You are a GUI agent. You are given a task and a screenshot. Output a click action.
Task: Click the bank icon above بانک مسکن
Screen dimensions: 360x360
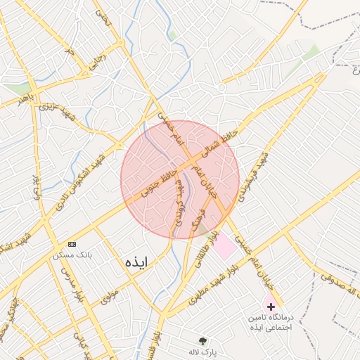[x=72, y=243]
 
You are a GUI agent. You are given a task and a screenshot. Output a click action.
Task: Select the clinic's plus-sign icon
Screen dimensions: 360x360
[x=271, y=307]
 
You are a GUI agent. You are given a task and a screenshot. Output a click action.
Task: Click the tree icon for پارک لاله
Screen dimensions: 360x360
[x=204, y=340]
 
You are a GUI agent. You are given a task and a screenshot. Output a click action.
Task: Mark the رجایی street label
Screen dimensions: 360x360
[x=91, y=63]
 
